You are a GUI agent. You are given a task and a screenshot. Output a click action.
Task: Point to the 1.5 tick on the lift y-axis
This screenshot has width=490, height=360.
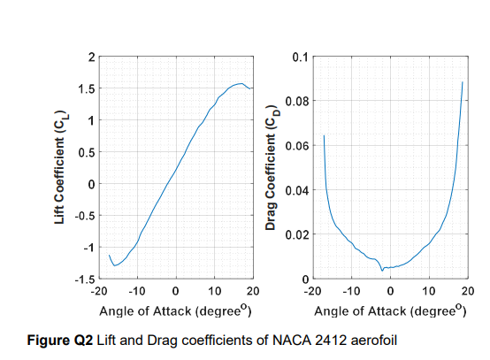86,88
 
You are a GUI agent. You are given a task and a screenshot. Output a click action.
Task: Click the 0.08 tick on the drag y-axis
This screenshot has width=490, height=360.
296,101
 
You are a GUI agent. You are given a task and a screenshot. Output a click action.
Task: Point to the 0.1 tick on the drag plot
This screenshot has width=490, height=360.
299,57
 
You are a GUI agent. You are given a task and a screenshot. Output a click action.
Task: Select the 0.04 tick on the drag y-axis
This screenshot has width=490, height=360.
296,190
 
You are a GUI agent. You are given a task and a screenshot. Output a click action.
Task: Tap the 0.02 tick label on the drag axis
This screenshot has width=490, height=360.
296,234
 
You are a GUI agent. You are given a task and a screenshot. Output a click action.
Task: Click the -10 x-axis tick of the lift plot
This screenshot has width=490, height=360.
137,290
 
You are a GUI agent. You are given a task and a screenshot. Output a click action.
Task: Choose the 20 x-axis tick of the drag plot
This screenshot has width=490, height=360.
468,290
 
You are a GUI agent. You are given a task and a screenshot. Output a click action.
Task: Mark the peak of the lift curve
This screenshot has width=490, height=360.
241,84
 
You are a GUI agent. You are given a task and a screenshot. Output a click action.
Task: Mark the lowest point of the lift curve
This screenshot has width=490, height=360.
114,265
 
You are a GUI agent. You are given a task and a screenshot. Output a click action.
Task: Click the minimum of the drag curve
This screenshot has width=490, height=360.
383,270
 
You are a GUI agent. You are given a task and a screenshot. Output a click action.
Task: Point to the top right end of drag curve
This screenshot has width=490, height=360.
463,82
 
